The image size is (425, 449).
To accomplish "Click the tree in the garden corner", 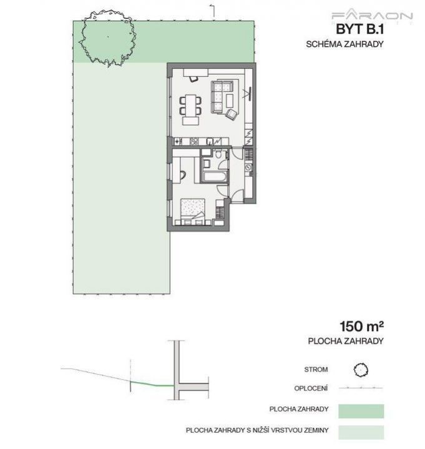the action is click(x=107, y=37).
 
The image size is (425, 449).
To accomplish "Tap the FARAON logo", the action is click(x=372, y=16).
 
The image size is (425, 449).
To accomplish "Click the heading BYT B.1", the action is click(x=359, y=29).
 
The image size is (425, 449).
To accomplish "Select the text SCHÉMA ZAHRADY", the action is click(x=344, y=44).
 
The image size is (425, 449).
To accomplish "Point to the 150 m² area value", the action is click(x=361, y=326).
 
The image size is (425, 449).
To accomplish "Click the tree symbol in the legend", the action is click(x=361, y=370).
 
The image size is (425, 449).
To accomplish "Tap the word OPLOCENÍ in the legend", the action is click(x=311, y=388).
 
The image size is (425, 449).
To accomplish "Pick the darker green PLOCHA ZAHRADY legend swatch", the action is click(x=361, y=411).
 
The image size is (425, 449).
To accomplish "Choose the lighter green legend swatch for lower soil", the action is click(x=361, y=432).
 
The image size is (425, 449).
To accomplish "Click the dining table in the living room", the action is click(x=190, y=106).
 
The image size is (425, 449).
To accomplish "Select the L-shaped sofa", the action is click(x=221, y=97).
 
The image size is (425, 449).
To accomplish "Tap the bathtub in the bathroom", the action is click(x=215, y=176).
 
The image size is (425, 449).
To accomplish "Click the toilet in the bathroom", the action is click(x=218, y=154).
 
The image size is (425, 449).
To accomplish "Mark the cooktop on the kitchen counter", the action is click(x=193, y=141).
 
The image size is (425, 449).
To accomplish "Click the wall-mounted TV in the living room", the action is click(x=250, y=93).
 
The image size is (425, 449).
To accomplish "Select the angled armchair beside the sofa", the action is click(x=232, y=114).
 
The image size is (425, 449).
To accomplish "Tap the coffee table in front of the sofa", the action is click(x=230, y=101).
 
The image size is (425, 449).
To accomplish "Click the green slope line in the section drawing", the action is click(x=152, y=384).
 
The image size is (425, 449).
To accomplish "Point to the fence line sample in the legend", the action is click(x=361, y=388).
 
